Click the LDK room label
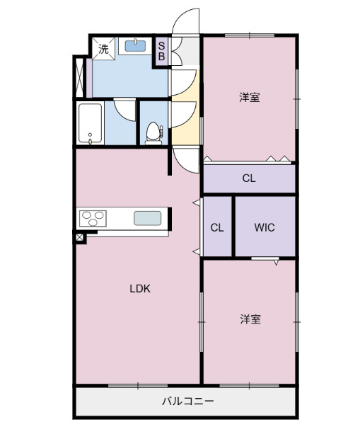click(x=140, y=288)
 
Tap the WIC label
click(x=265, y=228)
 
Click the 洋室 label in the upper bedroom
click(x=249, y=98)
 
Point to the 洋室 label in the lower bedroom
click(x=249, y=319)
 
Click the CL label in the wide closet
click(x=248, y=178)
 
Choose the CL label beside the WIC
click(x=217, y=228)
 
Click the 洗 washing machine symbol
click(x=103, y=49)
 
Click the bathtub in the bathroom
click(x=90, y=123)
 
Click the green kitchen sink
click(x=147, y=218)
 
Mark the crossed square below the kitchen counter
click(x=80, y=238)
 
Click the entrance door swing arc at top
click(x=185, y=21)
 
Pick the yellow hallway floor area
click(x=182, y=127)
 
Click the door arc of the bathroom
click(x=125, y=109)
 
